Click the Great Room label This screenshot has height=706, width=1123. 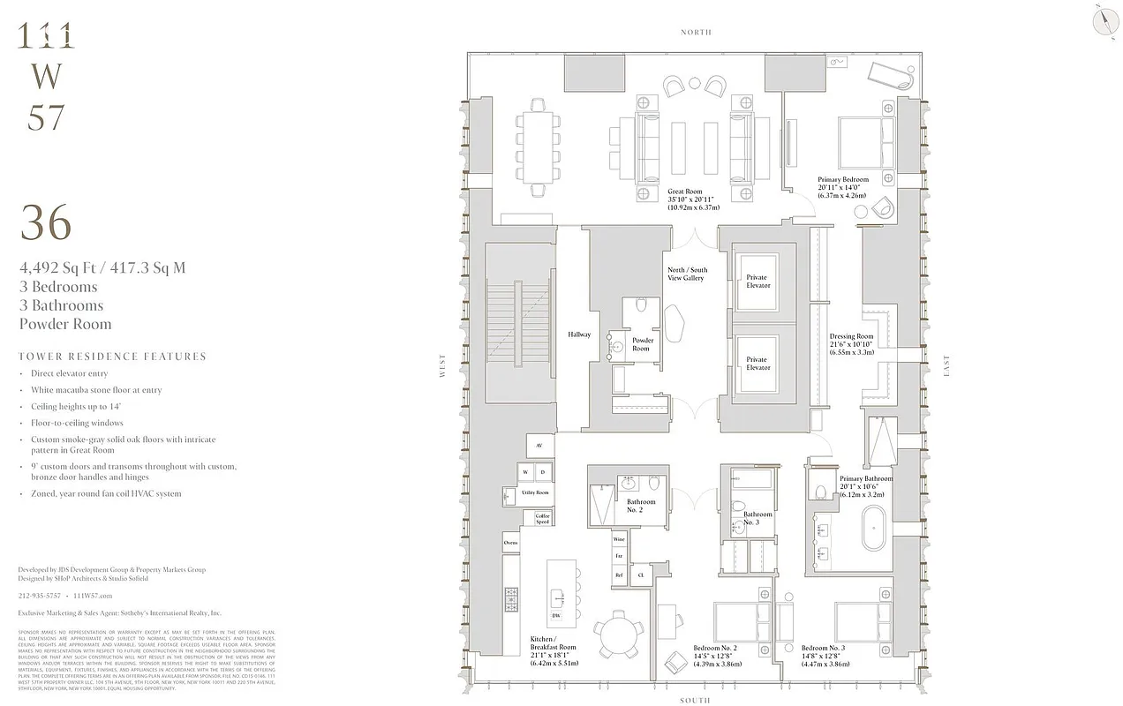tap(693, 199)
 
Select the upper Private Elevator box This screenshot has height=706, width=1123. tap(757, 282)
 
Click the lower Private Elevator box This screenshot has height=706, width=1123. tap(757, 364)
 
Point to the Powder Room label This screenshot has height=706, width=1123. tap(642, 344)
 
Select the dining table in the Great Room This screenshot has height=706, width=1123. tap(538, 147)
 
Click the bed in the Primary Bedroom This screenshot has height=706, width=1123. tap(865, 144)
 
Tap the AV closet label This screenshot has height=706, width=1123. tap(539, 446)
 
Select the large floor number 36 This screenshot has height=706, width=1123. tap(45, 222)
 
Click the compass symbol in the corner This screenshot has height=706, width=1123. tap(1103, 20)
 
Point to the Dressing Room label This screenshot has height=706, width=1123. tap(851, 344)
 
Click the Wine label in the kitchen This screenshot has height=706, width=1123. tap(619, 538)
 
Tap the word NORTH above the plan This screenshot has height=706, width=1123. tap(696, 32)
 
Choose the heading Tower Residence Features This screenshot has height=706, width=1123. tap(112, 357)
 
